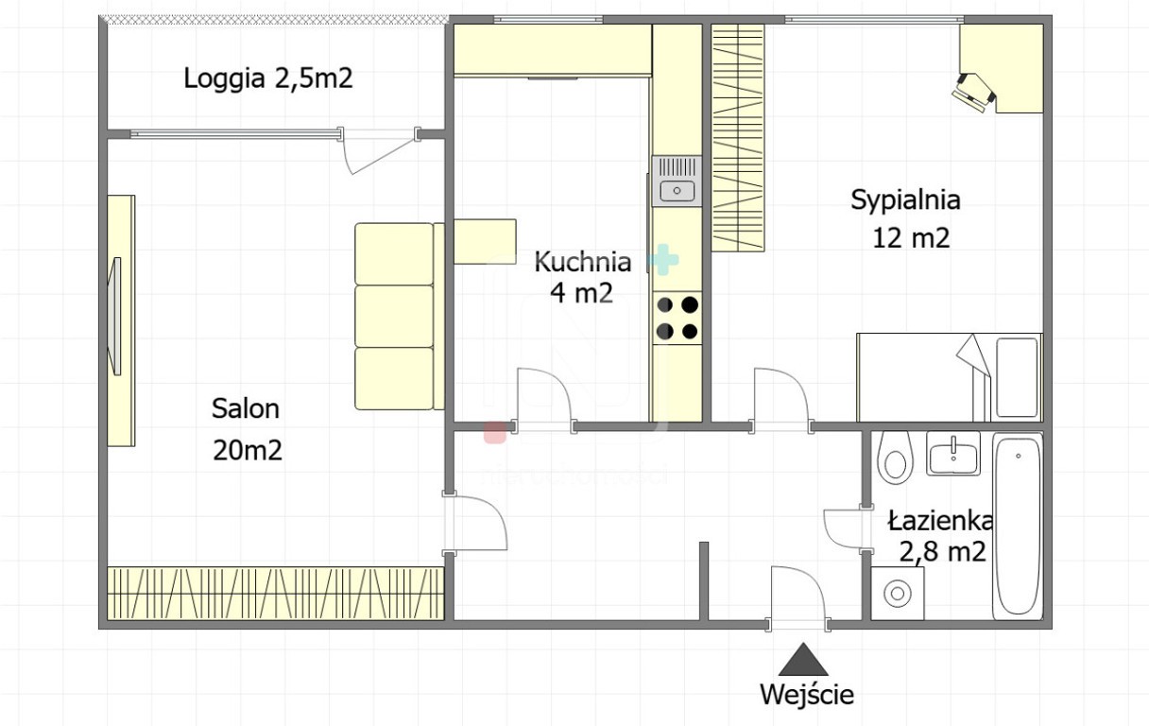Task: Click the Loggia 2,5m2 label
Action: pyautogui.click(x=268, y=79)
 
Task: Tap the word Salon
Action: pyautogui.click(x=246, y=409)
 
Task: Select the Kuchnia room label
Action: pyautogui.click(x=583, y=262)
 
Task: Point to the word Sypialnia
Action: pyautogui.click(x=905, y=200)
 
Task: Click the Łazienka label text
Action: pyautogui.click(x=940, y=521)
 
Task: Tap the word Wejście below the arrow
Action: pyautogui.click(x=807, y=695)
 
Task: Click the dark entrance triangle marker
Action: pyautogui.click(x=803, y=659)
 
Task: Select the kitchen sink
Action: pyautogui.click(x=677, y=181)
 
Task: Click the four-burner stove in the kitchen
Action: pyautogui.click(x=677, y=319)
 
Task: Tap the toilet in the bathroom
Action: pyautogui.click(x=895, y=458)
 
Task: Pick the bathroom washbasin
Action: pyautogui.click(x=953, y=453)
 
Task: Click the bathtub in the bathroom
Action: pyautogui.click(x=1018, y=526)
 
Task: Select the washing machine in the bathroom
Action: pyautogui.click(x=898, y=593)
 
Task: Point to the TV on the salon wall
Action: pyautogui.click(x=116, y=316)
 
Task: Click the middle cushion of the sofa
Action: pyautogui.click(x=394, y=316)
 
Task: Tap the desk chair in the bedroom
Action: pyautogui.click(x=973, y=93)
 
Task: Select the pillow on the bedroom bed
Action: pyautogui.click(x=1017, y=377)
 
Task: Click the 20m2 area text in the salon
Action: pyautogui.click(x=248, y=451)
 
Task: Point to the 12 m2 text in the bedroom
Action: pyautogui.click(x=911, y=238)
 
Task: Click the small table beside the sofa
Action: pyautogui.click(x=486, y=242)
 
